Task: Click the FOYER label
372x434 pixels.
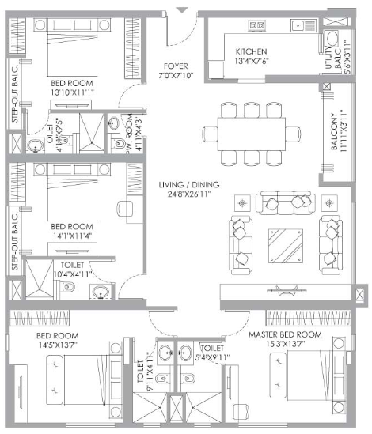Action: tap(174, 66)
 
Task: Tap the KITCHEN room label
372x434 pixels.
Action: tap(252, 52)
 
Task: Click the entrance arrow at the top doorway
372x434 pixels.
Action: tap(183, 9)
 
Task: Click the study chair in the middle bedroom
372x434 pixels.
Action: tap(123, 209)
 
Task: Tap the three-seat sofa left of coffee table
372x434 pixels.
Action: tap(240, 240)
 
